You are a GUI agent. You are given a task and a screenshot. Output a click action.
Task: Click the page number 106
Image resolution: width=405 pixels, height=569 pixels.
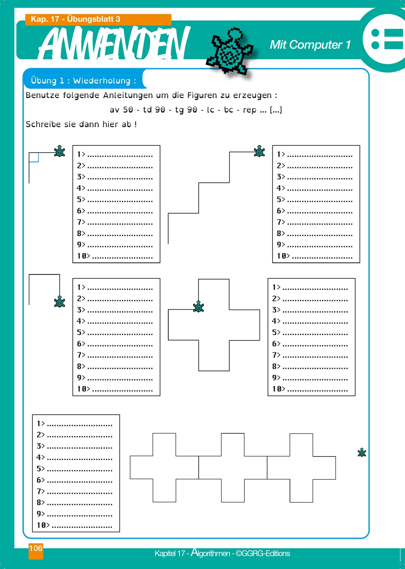click(x=36, y=549)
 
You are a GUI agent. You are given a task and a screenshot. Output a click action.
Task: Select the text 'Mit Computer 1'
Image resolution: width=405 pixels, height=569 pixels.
click(x=310, y=45)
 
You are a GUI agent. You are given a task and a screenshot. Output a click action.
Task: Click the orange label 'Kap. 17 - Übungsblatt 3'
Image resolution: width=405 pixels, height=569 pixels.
click(x=75, y=19)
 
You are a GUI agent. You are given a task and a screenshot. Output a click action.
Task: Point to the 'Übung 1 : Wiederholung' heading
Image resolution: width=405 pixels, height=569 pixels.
click(x=83, y=80)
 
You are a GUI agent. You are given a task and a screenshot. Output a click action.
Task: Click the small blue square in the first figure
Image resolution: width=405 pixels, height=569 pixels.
click(x=34, y=157)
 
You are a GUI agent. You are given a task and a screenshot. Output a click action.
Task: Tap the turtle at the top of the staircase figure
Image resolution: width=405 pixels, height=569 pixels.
click(x=259, y=151)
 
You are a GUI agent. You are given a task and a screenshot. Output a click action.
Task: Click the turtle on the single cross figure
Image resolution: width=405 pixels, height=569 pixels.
click(x=198, y=307)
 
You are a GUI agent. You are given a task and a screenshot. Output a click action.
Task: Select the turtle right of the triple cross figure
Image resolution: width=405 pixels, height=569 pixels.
click(x=362, y=453)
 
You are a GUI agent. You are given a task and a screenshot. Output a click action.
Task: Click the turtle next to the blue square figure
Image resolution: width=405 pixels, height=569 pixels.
click(x=59, y=151)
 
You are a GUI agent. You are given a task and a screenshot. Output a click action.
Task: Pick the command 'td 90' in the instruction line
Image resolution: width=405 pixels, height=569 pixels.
click(x=154, y=110)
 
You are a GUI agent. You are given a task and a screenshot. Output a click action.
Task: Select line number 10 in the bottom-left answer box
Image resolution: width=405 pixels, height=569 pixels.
click(x=41, y=525)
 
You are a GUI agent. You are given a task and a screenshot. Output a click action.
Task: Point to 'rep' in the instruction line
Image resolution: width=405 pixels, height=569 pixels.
click(x=250, y=110)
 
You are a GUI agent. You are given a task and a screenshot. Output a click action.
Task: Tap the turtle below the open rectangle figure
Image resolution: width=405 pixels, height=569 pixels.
click(x=59, y=302)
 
